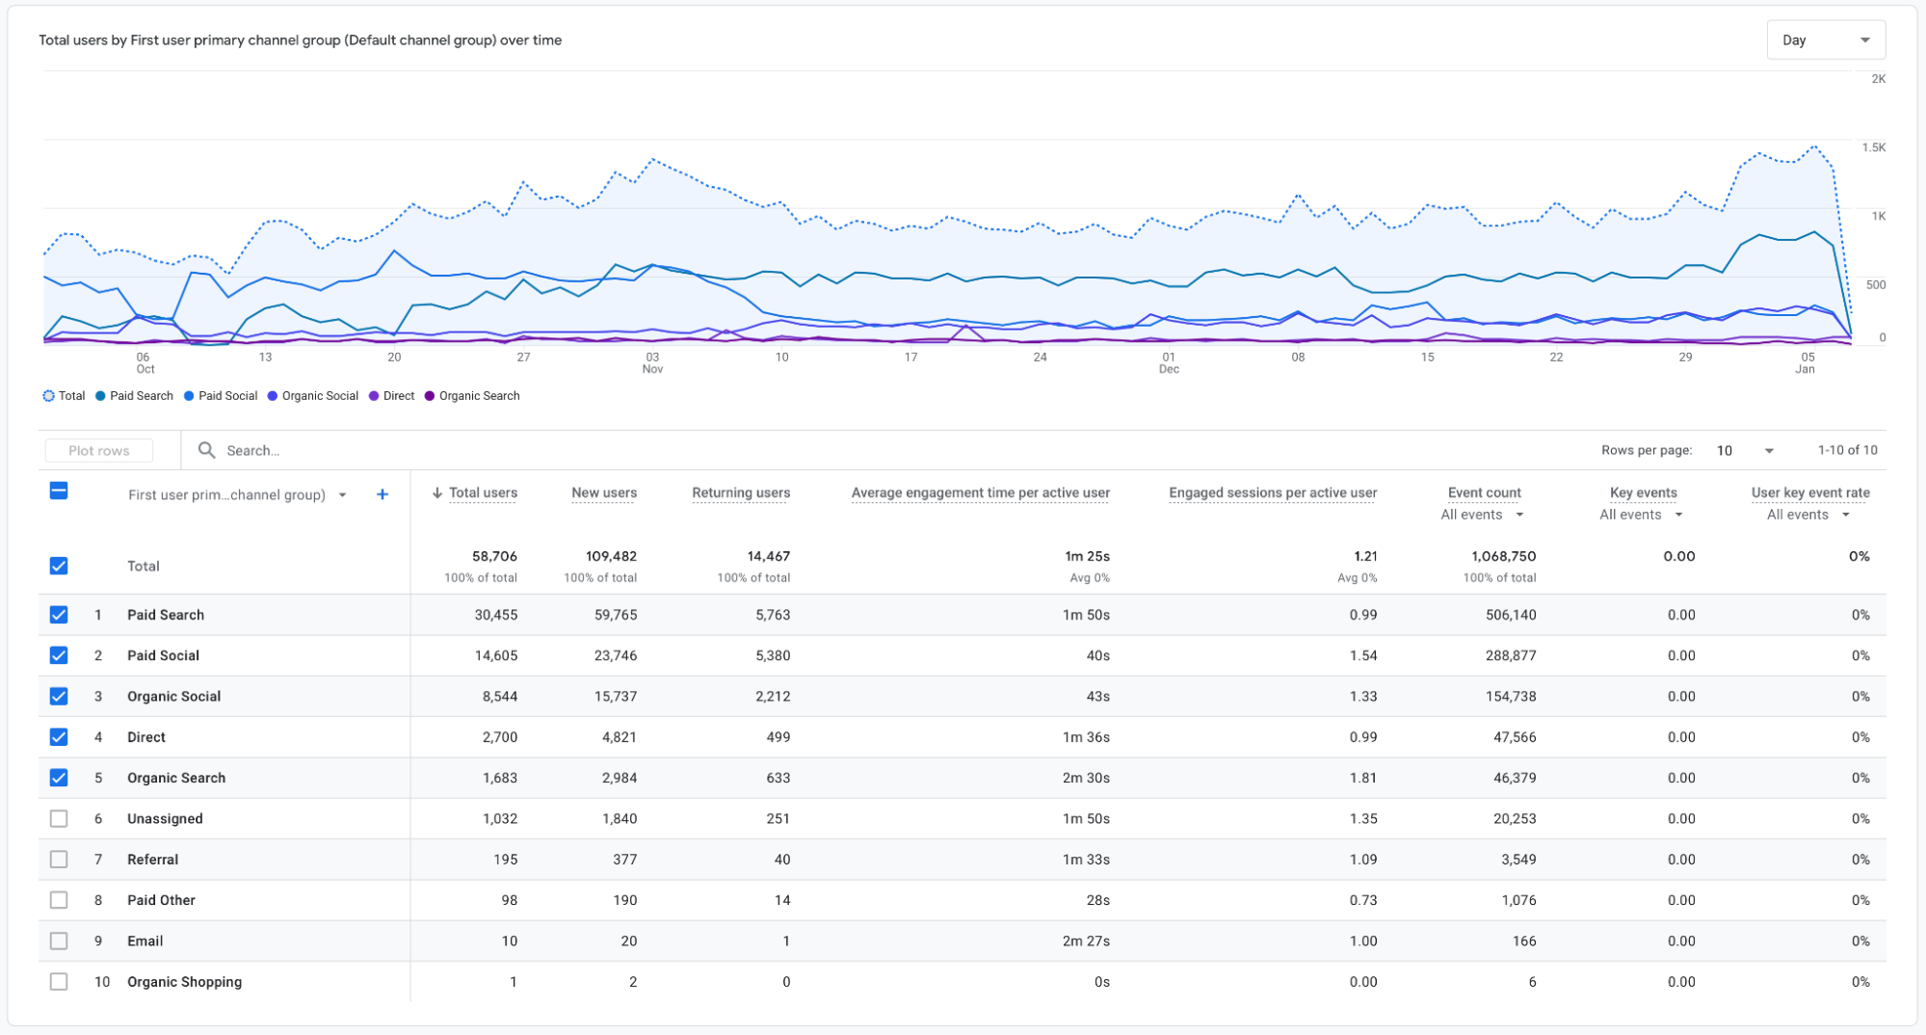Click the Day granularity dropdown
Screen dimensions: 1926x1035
[x=1826, y=40]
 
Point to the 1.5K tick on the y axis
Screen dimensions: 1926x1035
[x=1873, y=147]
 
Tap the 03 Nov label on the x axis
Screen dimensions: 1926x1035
[x=652, y=362]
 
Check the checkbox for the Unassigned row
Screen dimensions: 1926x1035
[x=59, y=818]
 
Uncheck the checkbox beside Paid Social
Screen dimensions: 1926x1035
[x=59, y=655]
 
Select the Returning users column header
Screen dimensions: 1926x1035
[x=741, y=492]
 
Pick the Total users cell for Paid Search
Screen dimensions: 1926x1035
[x=495, y=615]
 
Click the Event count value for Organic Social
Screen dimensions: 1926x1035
[x=1511, y=696]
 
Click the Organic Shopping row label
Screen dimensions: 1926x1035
[x=184, y=982]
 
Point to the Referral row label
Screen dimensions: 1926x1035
[x=152, y=860]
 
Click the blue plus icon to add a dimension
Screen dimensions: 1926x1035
[x=383, y=494]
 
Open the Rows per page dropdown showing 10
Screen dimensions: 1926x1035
[x=1745, y=450]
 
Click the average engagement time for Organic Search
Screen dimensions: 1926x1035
[x=1086, y=778]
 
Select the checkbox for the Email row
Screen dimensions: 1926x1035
[x=59, y=941]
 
